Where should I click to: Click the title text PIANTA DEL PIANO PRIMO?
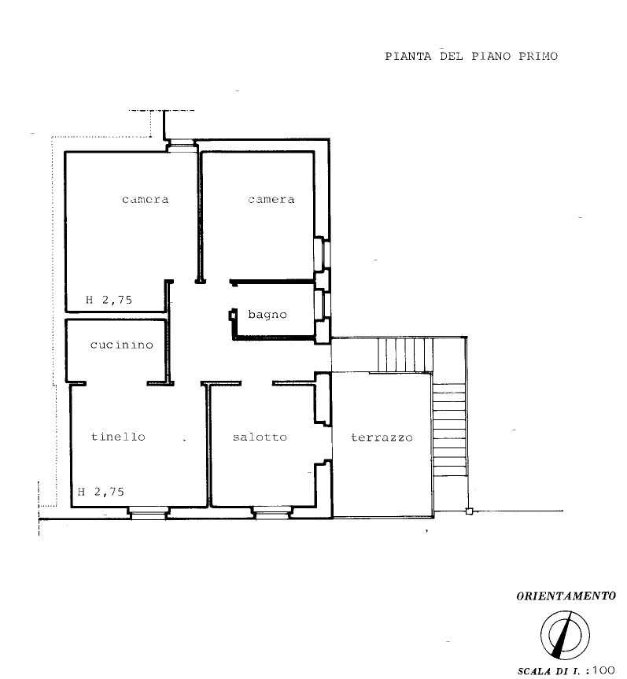[x=471, y=57]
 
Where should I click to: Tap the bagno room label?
[x=267, y=315]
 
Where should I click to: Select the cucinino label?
[x=122, y=345]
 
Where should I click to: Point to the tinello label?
[x=118, y=437]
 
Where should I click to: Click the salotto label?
[x=260, y=437]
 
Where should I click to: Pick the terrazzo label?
[x=382, y=437]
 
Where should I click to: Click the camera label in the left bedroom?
[x=145, y=200]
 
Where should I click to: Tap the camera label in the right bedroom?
[x=271, y=200]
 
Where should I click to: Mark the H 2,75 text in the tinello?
[x=101, y=492]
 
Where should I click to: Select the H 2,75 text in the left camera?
[x=109, y=300]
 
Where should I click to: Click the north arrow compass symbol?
[x=565, y=635]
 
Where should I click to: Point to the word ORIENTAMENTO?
[x=566, y=596]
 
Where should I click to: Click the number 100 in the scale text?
[x=603, y=670]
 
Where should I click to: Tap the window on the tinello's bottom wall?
[x=149, y=514]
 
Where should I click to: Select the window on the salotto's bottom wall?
[x=272, y=514]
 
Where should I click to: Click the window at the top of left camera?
[x=181, y=146]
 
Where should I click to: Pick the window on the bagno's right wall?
[x=323, y=305]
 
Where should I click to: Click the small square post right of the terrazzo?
[x=469, y=511]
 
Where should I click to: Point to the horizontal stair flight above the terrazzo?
[x=405, y=355]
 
